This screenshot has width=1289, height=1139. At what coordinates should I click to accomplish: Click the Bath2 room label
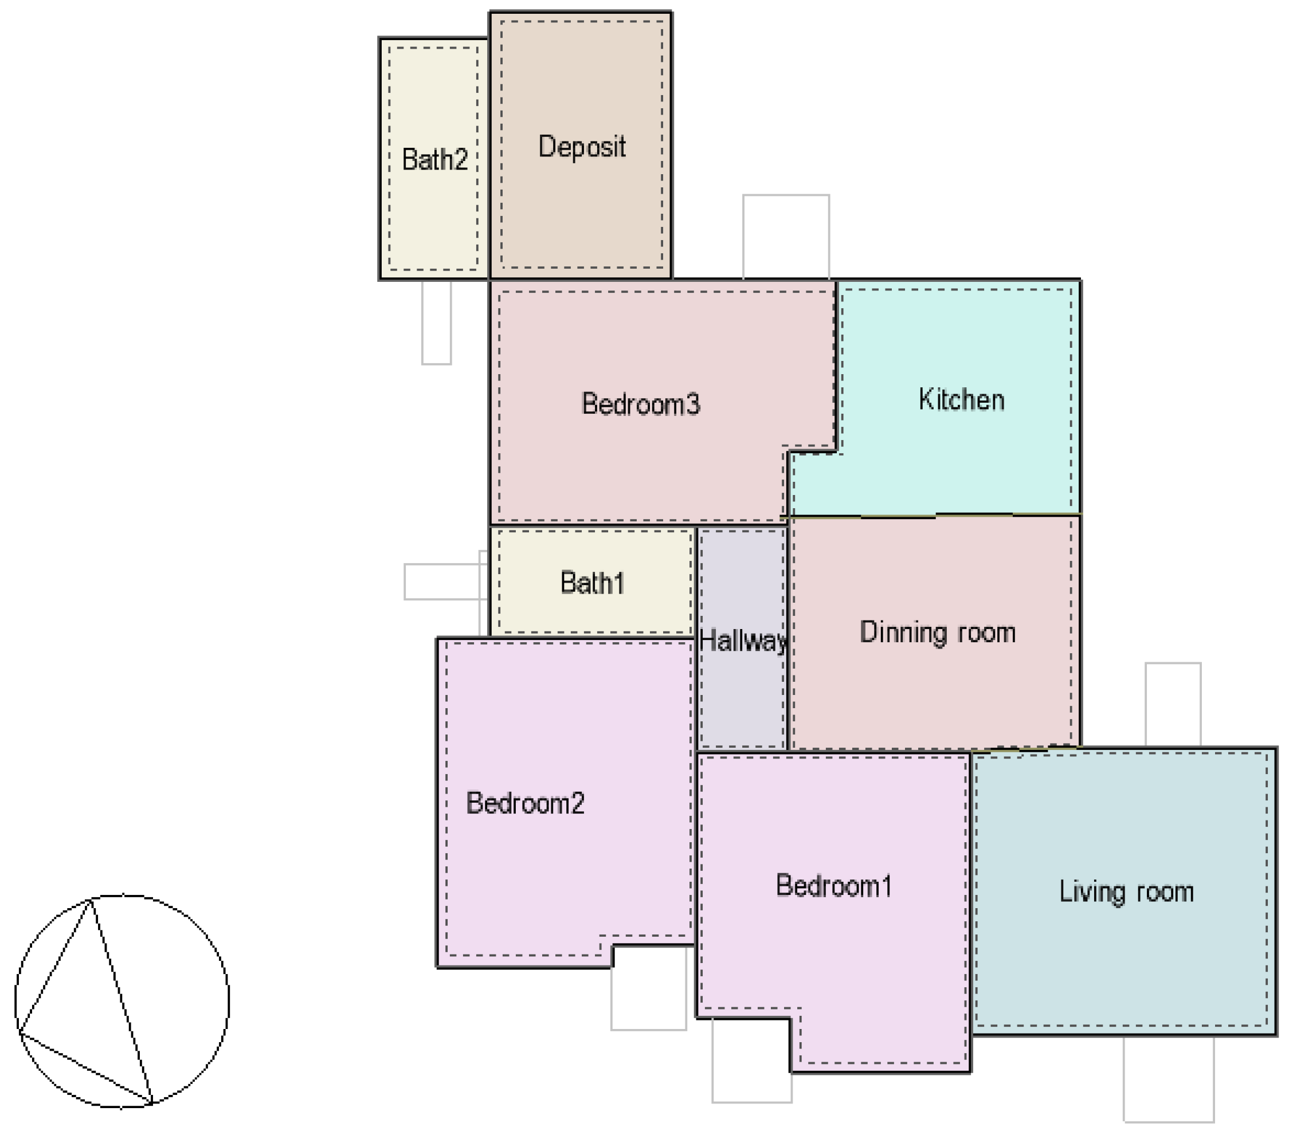(x=434, y=159)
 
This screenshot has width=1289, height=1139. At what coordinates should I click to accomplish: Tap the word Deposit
(x=581, y=147)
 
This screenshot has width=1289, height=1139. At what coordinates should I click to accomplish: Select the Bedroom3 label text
(x=640, y=404)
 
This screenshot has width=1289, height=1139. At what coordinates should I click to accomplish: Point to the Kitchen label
(x=961, y=400)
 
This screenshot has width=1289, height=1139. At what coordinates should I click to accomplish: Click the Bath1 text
(x=592, y=583)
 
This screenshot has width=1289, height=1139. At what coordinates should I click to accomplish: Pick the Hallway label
(x=743, y=641)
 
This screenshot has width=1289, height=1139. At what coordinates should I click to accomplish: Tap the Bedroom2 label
(x=524, y=803)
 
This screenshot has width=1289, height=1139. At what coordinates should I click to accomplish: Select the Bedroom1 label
(x=833, y=886)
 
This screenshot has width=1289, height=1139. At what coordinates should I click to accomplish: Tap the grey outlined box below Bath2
(x=436, y=323)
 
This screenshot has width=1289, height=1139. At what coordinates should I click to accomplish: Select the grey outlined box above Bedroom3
(x=786, y=237)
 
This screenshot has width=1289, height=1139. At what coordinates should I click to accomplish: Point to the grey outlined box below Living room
(x=1168, y=1079)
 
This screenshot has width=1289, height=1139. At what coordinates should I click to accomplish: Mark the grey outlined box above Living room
(x=1172, y=704)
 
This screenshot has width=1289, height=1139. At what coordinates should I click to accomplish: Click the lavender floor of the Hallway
(x=742, y=700)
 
